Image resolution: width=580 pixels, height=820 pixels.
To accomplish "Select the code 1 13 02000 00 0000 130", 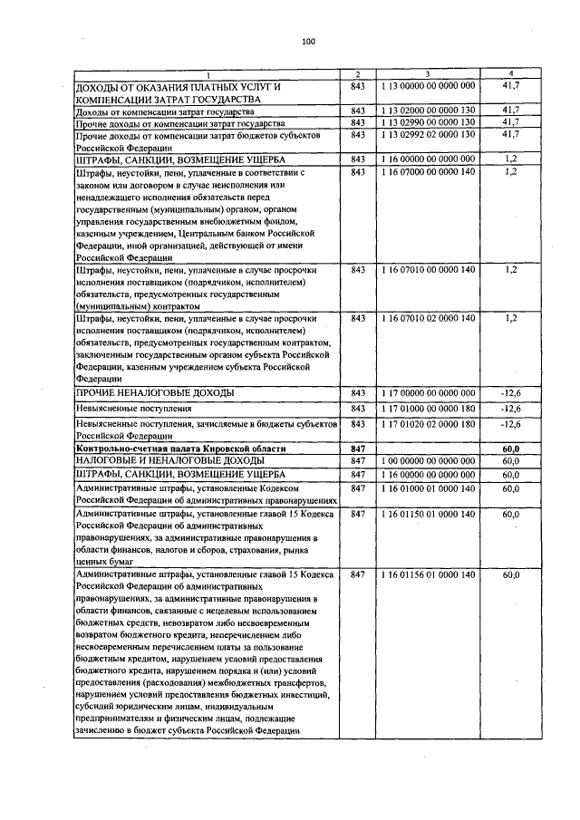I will tap(428, 111).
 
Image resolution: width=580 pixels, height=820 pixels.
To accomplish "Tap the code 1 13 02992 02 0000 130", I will tap(428, 134).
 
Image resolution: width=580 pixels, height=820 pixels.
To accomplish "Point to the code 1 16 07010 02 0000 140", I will tap(428, 318).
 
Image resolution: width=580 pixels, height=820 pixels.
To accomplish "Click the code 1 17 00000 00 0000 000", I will tap(428, 392).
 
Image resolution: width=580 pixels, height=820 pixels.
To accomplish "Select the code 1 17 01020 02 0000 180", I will tap(428, 423).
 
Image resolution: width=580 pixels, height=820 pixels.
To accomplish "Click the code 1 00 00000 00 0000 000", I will tap(428, 461).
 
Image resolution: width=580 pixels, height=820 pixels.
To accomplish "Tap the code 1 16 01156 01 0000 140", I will tap(428, 574).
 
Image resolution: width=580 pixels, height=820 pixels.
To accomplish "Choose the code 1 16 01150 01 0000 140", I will tap(428, 514).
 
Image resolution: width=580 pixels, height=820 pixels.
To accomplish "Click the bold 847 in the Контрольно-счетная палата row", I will tap(356, 449).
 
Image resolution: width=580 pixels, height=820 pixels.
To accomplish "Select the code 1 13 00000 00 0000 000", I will tap(428, 85).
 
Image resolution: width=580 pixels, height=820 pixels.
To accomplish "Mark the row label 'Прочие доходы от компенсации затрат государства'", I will tap(181, 122).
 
